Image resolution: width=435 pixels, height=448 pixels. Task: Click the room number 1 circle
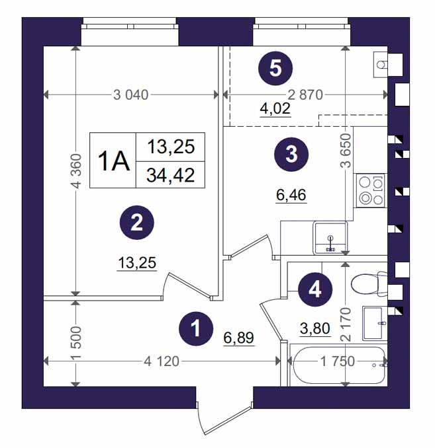[x=196, y=328]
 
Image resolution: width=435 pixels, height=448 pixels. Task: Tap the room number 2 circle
[x=137, y=223]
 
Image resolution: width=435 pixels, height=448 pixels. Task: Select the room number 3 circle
[x=291, y=154]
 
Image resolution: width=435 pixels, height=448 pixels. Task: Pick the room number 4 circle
[x=315, y=289]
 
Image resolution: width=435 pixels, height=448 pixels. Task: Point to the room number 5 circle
[x=275, y=68]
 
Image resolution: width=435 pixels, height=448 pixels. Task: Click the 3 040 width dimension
[x=131, y=95]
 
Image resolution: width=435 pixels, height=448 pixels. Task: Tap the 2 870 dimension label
[x=305, y=95]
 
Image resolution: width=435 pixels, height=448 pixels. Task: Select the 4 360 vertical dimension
[x=76, y=171]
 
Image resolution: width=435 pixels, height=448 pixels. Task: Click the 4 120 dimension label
[x=162, y=361]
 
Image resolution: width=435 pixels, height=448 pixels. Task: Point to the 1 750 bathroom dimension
[x=338, y=361]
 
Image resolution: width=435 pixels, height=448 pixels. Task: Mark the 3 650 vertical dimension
[x=346, y=150]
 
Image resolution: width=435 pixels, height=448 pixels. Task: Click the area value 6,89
[x=239, y=338]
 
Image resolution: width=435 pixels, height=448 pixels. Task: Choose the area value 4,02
[x=275, y=108]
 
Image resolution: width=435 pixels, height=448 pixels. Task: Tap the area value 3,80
[x=315, y=328]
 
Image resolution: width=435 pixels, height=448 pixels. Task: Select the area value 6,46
[x=291, y=195]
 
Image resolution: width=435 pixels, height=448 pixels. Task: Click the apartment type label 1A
[x=114, y=161]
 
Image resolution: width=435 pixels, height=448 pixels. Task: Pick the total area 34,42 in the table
[x=171, y=175]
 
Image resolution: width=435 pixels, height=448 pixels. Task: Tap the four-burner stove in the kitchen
[x=371, y=190]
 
